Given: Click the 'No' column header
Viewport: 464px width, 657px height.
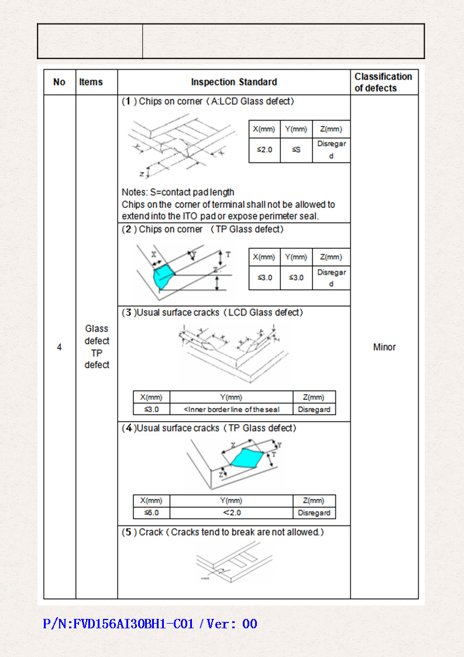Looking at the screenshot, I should [x=59, y=82].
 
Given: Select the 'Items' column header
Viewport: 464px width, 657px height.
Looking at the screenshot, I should [x=91, y=82].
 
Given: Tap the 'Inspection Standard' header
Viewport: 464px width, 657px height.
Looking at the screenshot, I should [x=233, y=82].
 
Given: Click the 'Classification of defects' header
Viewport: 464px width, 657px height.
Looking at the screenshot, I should [x=383, y=82].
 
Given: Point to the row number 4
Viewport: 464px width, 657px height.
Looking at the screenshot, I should [x=59, y=347].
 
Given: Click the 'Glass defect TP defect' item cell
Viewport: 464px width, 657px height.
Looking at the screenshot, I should [x=97, y=347].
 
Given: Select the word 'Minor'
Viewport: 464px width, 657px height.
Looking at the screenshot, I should [x=384, y=347].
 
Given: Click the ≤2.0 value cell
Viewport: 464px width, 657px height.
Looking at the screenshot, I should [x=264, y=150].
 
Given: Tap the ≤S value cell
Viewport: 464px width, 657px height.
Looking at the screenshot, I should [x=296, y=150].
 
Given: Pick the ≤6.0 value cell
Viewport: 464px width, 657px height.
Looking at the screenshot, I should [x=151, y=513].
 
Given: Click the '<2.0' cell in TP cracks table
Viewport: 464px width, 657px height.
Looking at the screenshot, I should [x=231, y=513].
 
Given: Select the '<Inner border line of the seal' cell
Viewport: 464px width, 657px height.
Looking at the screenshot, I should [x=231, y=409].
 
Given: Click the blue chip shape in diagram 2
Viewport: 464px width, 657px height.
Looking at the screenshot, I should [x=163, y=274].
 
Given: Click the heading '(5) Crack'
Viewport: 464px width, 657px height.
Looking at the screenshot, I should [x=222, y=532].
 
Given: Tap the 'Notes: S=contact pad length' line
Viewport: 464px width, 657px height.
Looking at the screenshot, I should [x=178, y=192].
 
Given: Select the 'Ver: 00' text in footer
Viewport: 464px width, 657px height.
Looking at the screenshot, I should [x=232, y=624].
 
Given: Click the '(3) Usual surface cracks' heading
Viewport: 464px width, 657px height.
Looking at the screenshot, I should [x=212, y=313].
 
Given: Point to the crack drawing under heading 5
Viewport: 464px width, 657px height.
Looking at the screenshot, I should [x=232, y=561].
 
